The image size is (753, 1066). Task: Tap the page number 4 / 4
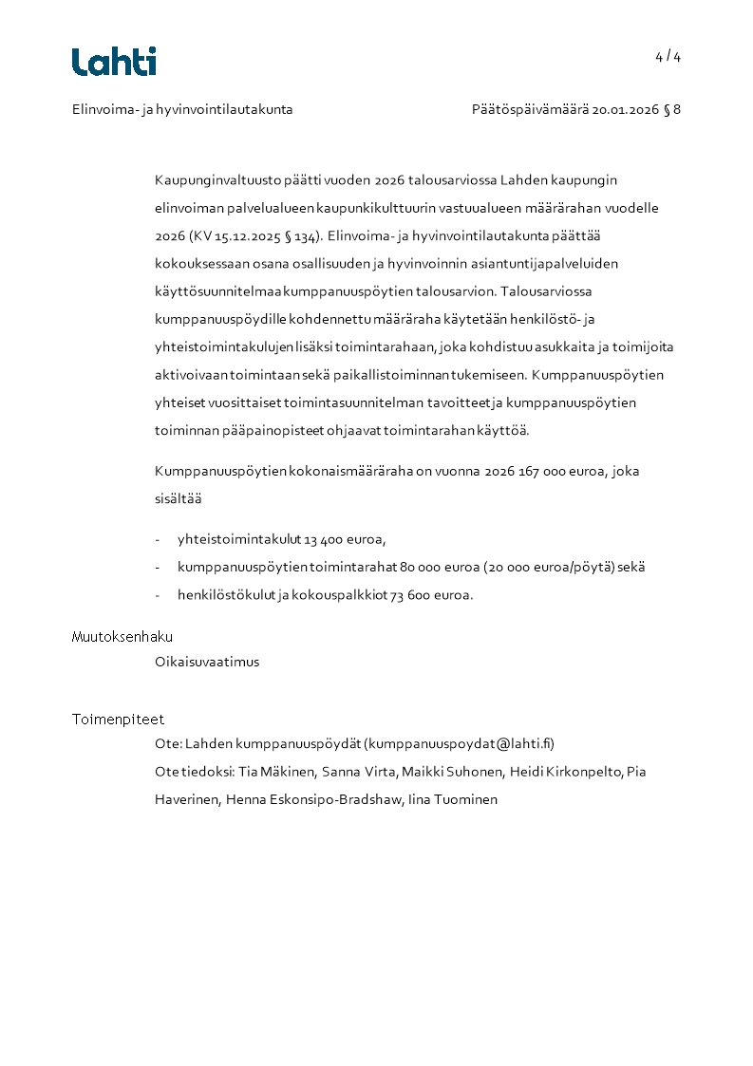point(668,57)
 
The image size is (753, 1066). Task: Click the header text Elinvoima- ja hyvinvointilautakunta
point(182,109)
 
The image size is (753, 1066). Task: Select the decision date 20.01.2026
point(626,109)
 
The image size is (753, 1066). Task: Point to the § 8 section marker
point(672,109)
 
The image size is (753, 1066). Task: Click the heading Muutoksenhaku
point(122,637)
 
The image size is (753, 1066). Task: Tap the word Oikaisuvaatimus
point(207,663)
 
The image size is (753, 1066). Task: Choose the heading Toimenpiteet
point(118,720)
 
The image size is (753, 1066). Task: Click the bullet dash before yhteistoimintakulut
point(158,539)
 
